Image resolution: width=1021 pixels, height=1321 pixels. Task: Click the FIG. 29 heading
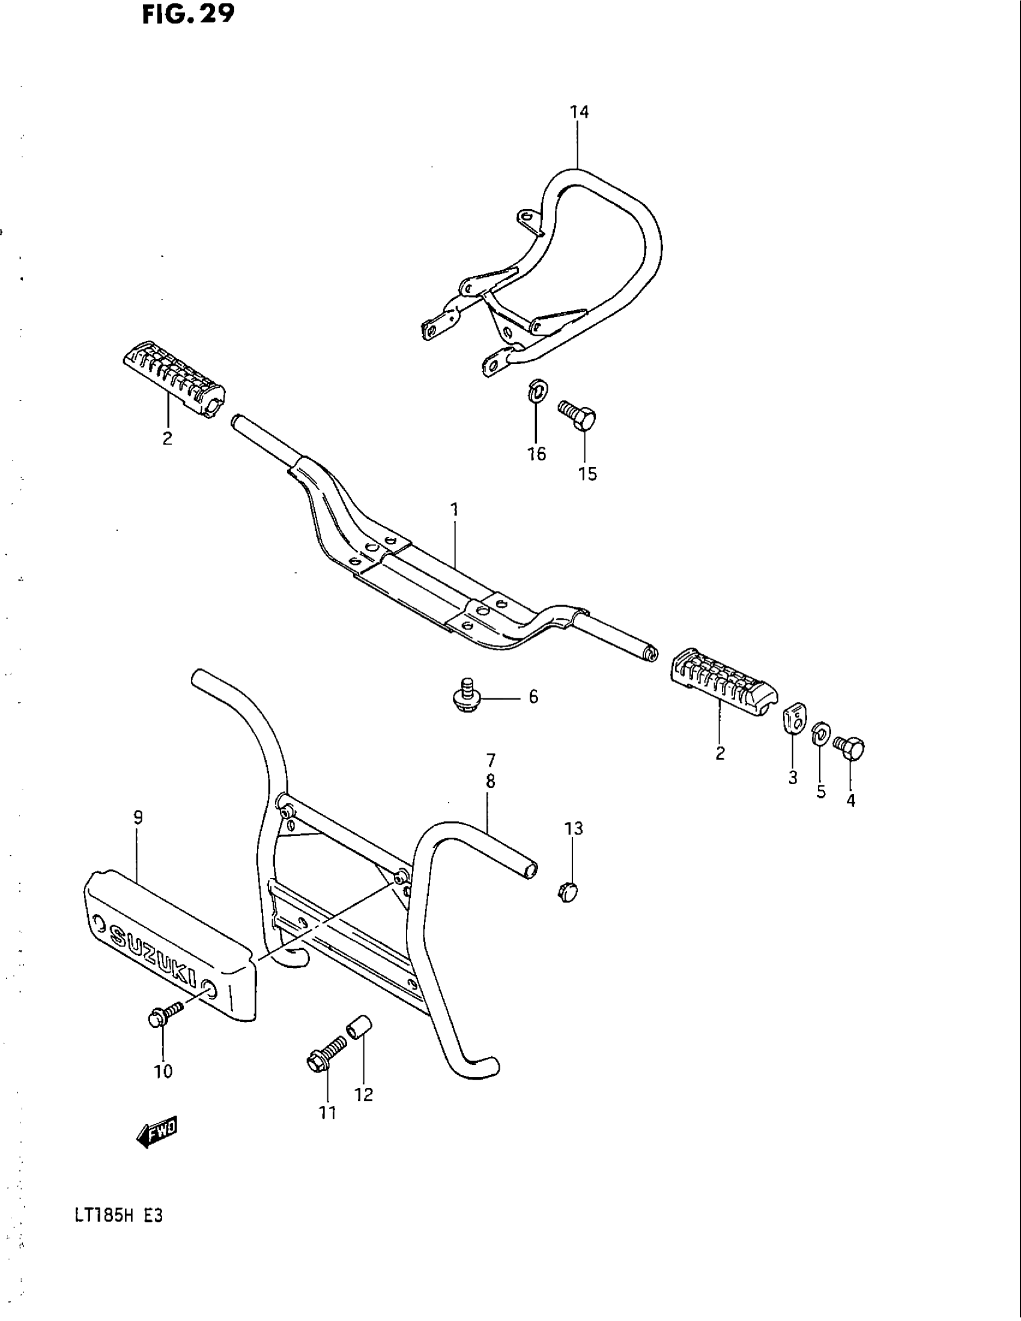click(187, 14)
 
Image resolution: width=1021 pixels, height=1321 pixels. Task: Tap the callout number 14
click(579, 112)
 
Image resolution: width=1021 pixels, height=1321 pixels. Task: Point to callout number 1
click(454, 509)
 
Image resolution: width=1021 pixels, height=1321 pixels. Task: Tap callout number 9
click(138, 818)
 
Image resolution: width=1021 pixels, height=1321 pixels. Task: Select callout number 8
click(490, 781)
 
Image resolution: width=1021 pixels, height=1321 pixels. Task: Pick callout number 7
click(490, 760)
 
